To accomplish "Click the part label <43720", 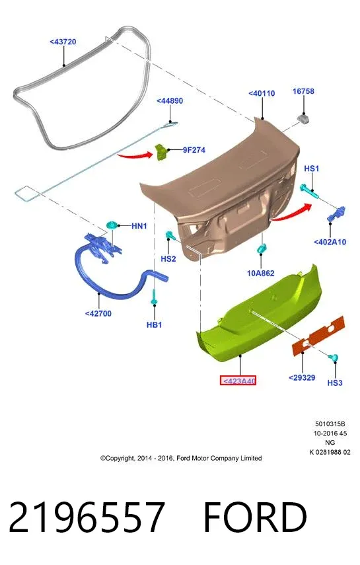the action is pos(63,42).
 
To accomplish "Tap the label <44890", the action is pos(170,101).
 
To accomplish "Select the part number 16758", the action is pos(303,92).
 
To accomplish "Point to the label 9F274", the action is pos(194,150).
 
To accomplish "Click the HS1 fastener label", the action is pos(311,169).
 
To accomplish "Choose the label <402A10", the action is pos(330,242).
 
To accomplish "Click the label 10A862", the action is pos(260,273).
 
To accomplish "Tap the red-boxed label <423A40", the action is pos(238,381).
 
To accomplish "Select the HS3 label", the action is pos(335,383).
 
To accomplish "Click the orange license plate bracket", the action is pos(318,336).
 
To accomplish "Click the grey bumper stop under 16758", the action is pos(303,118).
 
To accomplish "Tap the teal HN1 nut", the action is pos(112,225).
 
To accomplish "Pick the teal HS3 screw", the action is pos(334,358).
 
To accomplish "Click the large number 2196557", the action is pos(87,517).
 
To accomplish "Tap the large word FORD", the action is pos(255,517).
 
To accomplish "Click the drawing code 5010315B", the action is pos(330,424).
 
